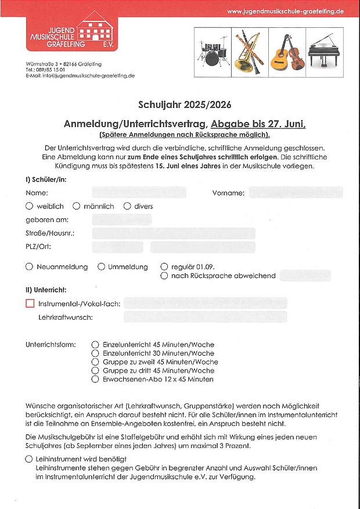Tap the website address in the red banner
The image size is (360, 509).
point(285,11)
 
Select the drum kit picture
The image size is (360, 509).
point(214,53)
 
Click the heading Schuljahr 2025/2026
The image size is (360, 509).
point(185,105)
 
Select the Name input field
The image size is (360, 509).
point(139,192)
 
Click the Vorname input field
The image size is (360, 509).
point(296,192)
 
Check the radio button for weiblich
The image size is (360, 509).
point(30,206)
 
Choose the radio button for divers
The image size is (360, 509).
point(127,206)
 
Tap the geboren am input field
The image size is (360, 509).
point(121,220)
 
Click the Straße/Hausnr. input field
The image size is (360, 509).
point(173,233)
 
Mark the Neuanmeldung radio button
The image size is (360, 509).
point(30,266)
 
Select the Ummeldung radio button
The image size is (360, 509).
point(101,266)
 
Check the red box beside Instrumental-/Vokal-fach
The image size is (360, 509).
point(30,303)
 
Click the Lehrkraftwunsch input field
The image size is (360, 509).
point(205,317)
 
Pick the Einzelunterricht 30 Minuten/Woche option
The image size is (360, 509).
point(95,353)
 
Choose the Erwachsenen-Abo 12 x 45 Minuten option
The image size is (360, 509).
point(95,379)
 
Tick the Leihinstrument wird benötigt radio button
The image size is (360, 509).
point(29,459)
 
